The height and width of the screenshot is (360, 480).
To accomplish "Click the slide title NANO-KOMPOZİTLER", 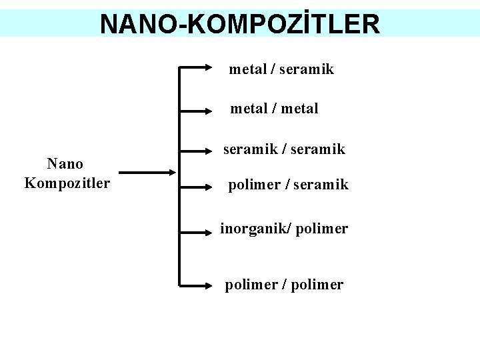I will tap(240, 24).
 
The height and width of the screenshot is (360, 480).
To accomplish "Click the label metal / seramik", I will tap(281, 69).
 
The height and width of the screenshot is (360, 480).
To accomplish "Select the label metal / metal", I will tap(274, 108).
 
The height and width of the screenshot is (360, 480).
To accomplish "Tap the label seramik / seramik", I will tap(284, 149).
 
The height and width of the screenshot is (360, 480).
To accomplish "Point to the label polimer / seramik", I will tap(288, 185).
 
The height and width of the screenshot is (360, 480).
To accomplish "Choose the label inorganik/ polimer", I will tap(284, 229).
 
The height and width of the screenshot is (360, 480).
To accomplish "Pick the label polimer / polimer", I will tap(284, 285).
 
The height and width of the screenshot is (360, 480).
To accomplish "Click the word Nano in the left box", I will tap(65, 163).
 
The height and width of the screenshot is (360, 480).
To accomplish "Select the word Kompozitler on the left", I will tap(67, 183).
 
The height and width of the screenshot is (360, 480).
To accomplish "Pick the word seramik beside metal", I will tap(307, 69).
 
